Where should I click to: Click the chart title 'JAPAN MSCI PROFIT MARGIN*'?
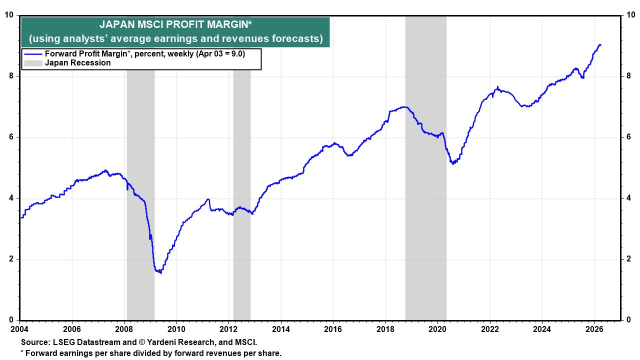tap(175, 24)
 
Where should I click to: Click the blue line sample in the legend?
tap(33, 54)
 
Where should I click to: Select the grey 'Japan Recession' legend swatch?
tap(33, 63)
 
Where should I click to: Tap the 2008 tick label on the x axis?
tap(124, 329)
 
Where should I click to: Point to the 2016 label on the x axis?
tap(333, 329)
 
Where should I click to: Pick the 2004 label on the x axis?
tap(20, 329)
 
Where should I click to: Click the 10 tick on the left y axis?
tap(9, 15)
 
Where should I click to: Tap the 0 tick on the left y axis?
tap(11, 320)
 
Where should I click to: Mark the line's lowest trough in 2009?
tap(160, 272)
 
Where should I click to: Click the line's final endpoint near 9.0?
tap(600, 45)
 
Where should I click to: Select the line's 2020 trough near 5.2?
tap(453, 163)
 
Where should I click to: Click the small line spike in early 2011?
tap(207, 199)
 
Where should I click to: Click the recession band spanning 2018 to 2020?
tap(425, 200)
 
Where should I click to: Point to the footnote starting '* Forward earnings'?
tap(150, 353)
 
